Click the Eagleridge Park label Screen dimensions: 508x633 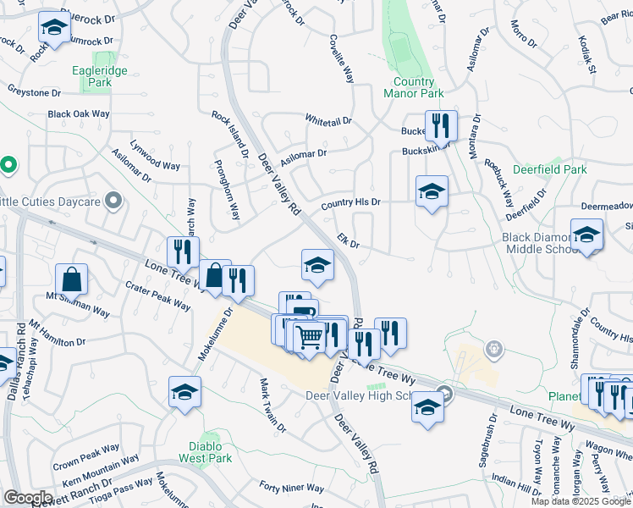[x=106, y=77]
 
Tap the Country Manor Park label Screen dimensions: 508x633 [x=413, y=87]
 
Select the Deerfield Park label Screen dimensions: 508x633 [x=549, y=169]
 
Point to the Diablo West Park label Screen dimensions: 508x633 [x=205, y=452]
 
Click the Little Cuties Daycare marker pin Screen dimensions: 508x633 [x=114, y=202]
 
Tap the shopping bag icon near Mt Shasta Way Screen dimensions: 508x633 [x=72, y=279]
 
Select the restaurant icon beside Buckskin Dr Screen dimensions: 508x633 [x=441, y=126]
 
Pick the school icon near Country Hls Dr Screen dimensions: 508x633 [x=431, y=191]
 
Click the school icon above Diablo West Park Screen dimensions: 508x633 [x=184, y=392]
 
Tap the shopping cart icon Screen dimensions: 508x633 [x=311, y=336]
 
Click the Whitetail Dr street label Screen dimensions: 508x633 [x=328, y=121]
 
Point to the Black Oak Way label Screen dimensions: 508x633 [x=79, y=113]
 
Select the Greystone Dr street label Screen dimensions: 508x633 [x=34, y=91]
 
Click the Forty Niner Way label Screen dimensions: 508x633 [x=291, y=489]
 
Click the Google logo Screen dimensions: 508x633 [x=28, y=498]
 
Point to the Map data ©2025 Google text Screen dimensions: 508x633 [x=580, y=501]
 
